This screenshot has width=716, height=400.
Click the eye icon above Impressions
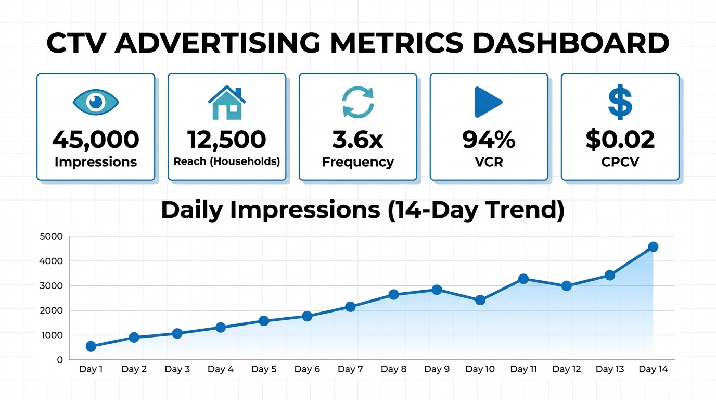pyautogui.click(x=96, y=102)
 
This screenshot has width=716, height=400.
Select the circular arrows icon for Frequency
pyautogui.click(x=358, y=102)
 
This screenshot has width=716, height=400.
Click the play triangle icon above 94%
pyautogui.click(x=488, y=102)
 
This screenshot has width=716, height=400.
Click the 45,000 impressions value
pyautogui.click(x=96, y=139)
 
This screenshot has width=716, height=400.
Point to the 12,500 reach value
pyautogui.click(x=226, y=139)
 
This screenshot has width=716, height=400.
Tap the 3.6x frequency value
pyautogui.click(x=358, y=139)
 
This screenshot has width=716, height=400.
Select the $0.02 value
pyautogui.click(x=620, y=139)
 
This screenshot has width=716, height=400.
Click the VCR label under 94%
pyautogui.click(x=489, y=162)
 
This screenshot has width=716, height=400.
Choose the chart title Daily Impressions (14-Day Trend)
pyautogui.click(x=363, y=210)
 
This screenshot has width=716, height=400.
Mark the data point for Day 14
pyautogui.click(x=653, y=246)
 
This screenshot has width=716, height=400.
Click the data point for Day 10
pyautogui.click(x=480, y=300)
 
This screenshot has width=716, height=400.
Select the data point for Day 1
pyautogui.click(x=91, y=346)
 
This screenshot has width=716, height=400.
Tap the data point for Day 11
pyautogui.click(x=523, y=279)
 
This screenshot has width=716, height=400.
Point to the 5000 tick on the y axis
pyautogui.click(x=51, y=236)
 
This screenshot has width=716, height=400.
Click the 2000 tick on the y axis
pyautogui.click(x=51, y=310)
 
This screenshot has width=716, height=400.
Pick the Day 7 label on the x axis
pyautogui.click(x=350, y=369)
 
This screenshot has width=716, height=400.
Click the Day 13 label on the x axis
pyautogui.click(x=610, y=369)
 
